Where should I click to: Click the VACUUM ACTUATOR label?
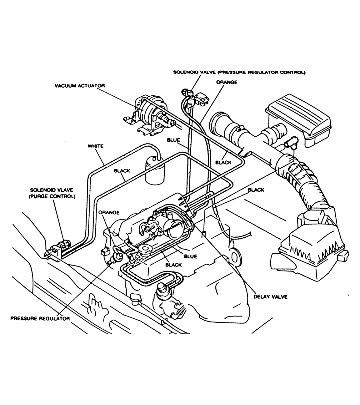click(x=79, y=86)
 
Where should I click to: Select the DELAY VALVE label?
click(x=270, y=297)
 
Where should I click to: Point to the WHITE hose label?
click(x=96, y=146)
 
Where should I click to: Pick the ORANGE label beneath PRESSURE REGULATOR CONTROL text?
click(x=227, y=82)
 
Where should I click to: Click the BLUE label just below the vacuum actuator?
click(x=173, y=140)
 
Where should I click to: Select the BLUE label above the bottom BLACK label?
click(x=190, y=256)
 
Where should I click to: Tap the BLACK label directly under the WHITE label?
click(x=122, y=171)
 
